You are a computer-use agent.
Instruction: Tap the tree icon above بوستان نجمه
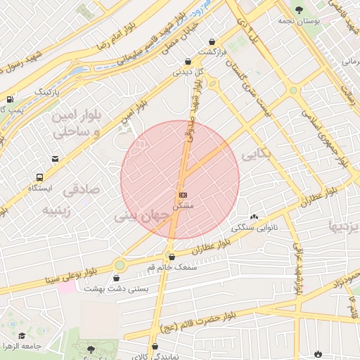[x=300, y=10]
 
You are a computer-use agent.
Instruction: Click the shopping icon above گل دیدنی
[x=187, y=61]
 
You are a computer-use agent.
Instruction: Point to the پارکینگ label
[x=48, y=92]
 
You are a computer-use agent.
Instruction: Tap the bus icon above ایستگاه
[x=39, y=177]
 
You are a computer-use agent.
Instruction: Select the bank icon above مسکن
[x=183, y=193]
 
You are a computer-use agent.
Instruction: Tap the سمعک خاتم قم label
[x=172, y=267]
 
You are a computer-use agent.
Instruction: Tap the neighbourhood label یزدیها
[x=345, y=226]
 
